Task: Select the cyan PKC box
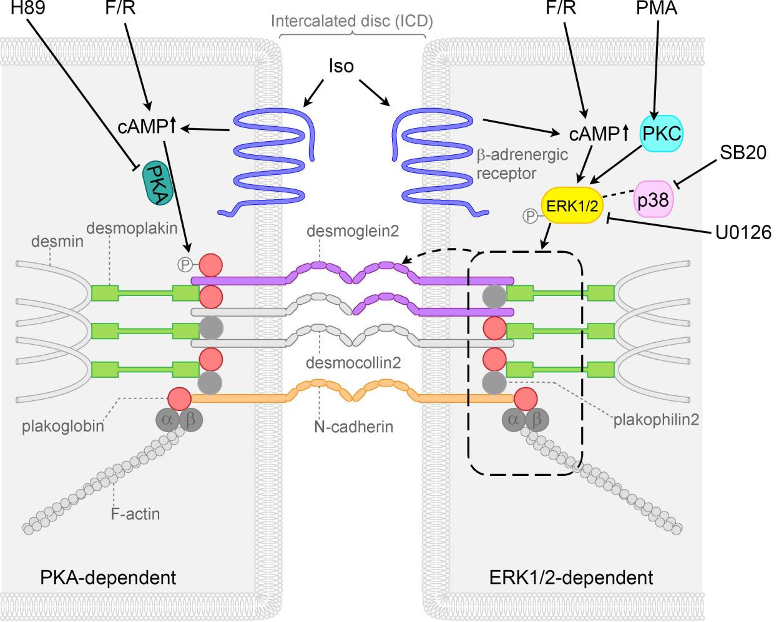click(662, 133)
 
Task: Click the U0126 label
click(743, 232)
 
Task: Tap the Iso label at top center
click(341, 66)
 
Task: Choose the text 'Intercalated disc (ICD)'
click(351, 21)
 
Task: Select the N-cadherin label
click(354, 427)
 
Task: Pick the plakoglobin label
click(62, 427)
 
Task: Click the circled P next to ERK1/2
click(529, 216)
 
